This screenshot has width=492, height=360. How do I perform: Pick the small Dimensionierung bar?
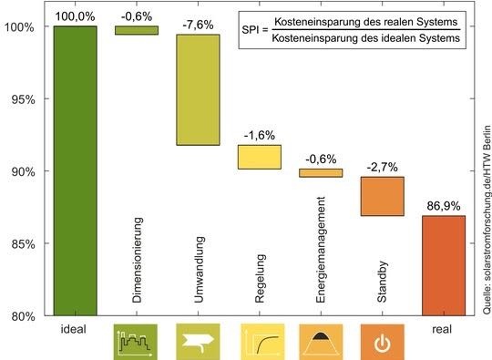(137, 30)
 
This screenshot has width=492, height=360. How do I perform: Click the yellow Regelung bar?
(260, 157)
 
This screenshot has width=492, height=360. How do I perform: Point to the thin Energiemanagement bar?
(321, 172)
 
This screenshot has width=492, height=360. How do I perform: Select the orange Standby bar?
(383, 196)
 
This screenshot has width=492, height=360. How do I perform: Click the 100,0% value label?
(75, 15)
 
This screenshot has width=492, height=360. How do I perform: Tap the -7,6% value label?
(199, 23)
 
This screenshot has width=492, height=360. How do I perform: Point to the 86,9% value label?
(444, 204)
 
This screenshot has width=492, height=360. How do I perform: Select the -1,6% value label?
(260, 134)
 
